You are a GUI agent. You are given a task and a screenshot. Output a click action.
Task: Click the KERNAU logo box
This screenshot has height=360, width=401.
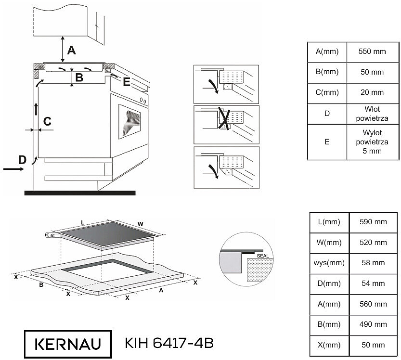pyautogui.click(x=68, y=344)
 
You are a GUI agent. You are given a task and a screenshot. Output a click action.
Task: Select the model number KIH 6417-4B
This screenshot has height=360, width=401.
pyautogui.click(x=169, y=343)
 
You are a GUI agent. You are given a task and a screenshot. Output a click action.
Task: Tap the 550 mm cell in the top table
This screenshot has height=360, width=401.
pyautogui.click(x=373, y=52)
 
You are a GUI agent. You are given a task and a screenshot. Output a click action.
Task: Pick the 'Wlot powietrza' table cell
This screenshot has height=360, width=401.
pyautogui.click(x=373, y=114)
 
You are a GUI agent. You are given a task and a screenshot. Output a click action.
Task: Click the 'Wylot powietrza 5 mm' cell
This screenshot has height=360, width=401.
pyautogui.click(x=373, y=142)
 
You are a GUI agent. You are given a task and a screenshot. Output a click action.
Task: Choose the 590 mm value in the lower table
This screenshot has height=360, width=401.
pyautogui.click(x=373, y=222)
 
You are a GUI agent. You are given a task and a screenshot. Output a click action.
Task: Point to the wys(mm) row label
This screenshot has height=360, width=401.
pyautogui.click(x=329, y=263)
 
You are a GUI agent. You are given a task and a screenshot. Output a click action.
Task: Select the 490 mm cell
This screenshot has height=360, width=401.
pyautogui.click(x=373, y=325)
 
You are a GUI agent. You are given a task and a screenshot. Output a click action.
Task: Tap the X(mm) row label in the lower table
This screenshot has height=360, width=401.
pyautogui.click(x=329, y=346)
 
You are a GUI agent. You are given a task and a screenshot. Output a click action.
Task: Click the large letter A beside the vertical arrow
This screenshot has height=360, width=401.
pyautogui.click(x=72, y=51)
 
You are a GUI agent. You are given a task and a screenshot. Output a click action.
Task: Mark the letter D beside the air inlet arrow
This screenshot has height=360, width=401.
pyautogui.click(x=23, y=160)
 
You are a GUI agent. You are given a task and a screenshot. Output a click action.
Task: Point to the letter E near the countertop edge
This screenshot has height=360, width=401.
pyautogui.click(x=127, y=82)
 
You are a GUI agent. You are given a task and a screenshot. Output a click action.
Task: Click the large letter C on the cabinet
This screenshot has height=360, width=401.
pyautogui.click(x=47, y=121)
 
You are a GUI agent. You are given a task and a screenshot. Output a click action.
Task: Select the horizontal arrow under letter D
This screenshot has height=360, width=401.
pyautogui.click(x=13, y=169)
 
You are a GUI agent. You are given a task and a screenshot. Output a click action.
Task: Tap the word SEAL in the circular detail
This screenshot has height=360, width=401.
pyautogui.click(x=263, y=256)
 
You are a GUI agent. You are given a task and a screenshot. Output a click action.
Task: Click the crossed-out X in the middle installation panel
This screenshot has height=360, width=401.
pyautogui.click(x=224, y=118)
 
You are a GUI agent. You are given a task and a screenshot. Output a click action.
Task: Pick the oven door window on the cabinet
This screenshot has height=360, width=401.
pyautogui.click(x=129, y=121)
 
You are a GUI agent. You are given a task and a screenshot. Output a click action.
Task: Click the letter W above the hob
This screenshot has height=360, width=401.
pyautogui.click(x=141, y=224)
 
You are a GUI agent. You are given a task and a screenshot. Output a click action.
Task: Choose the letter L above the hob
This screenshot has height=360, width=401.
pyautogui.click(x=83, y=223)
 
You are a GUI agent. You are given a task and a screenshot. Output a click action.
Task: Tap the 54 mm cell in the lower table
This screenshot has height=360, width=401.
pyautogui.click(x=373, y=284)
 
